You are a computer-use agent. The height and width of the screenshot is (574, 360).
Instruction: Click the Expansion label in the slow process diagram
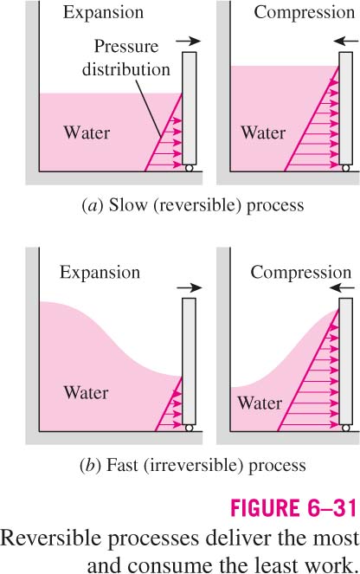pyautogui.click(x=103, y=13)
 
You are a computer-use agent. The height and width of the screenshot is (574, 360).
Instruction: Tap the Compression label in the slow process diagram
pyautogui.click(x=305, y=12)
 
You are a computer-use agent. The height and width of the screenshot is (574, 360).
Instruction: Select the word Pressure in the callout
pyautogui.click(x=126, y=46)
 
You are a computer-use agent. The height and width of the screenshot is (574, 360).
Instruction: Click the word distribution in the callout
pyautogui.click(x=126, y=69)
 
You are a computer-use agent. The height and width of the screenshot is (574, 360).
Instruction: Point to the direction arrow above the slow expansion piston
pyautogui.click(x=189, y=41)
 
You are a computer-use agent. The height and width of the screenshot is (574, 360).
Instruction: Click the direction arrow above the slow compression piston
pyautogui.click(x=346, y=41)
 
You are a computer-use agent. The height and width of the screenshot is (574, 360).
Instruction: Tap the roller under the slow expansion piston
pyautogui.click(x=190, y=168)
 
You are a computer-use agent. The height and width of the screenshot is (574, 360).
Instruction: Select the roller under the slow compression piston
pyautogui.click(x=346, y=168)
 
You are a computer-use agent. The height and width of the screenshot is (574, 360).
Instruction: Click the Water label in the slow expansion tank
pyautogui.click(x=87, y=132)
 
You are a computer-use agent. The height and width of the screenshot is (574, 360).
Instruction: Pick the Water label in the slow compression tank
pyautogui.click(x=263, y=132)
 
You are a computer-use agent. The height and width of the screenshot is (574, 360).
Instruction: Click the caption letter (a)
pyautogui.click(x=90, y=205)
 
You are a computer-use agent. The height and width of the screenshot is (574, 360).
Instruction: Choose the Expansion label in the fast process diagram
pyautogui.click(x=100, y=273)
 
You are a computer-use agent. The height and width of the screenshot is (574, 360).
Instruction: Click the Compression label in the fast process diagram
pyautogui.click(x=301, y=273)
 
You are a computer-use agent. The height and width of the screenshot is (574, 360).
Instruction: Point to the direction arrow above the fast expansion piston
pyautogui.click(x=190, y=287)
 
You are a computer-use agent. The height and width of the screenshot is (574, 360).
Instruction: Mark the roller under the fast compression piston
pyautogui.click(x=346, y=428)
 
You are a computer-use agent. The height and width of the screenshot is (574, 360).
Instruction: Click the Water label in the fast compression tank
pyautogui.click(x=260, y=403)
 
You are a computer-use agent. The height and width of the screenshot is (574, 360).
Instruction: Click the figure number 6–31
pyautogui.click(x=328, y=508)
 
